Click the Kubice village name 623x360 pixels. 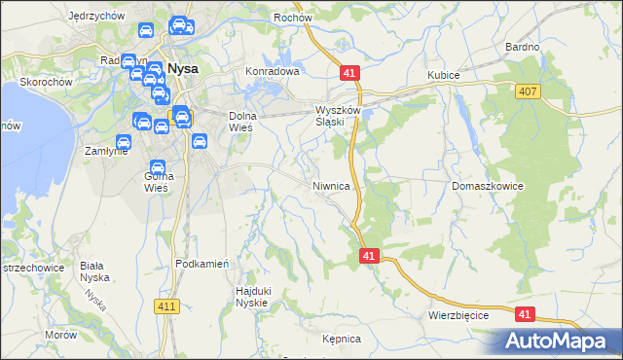click(443, 75)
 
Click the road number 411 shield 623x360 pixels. click(165, 306)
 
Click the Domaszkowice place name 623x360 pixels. click(488, 185)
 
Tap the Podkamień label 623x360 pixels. click(202, 264)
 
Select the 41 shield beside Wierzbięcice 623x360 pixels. click(526, 314)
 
